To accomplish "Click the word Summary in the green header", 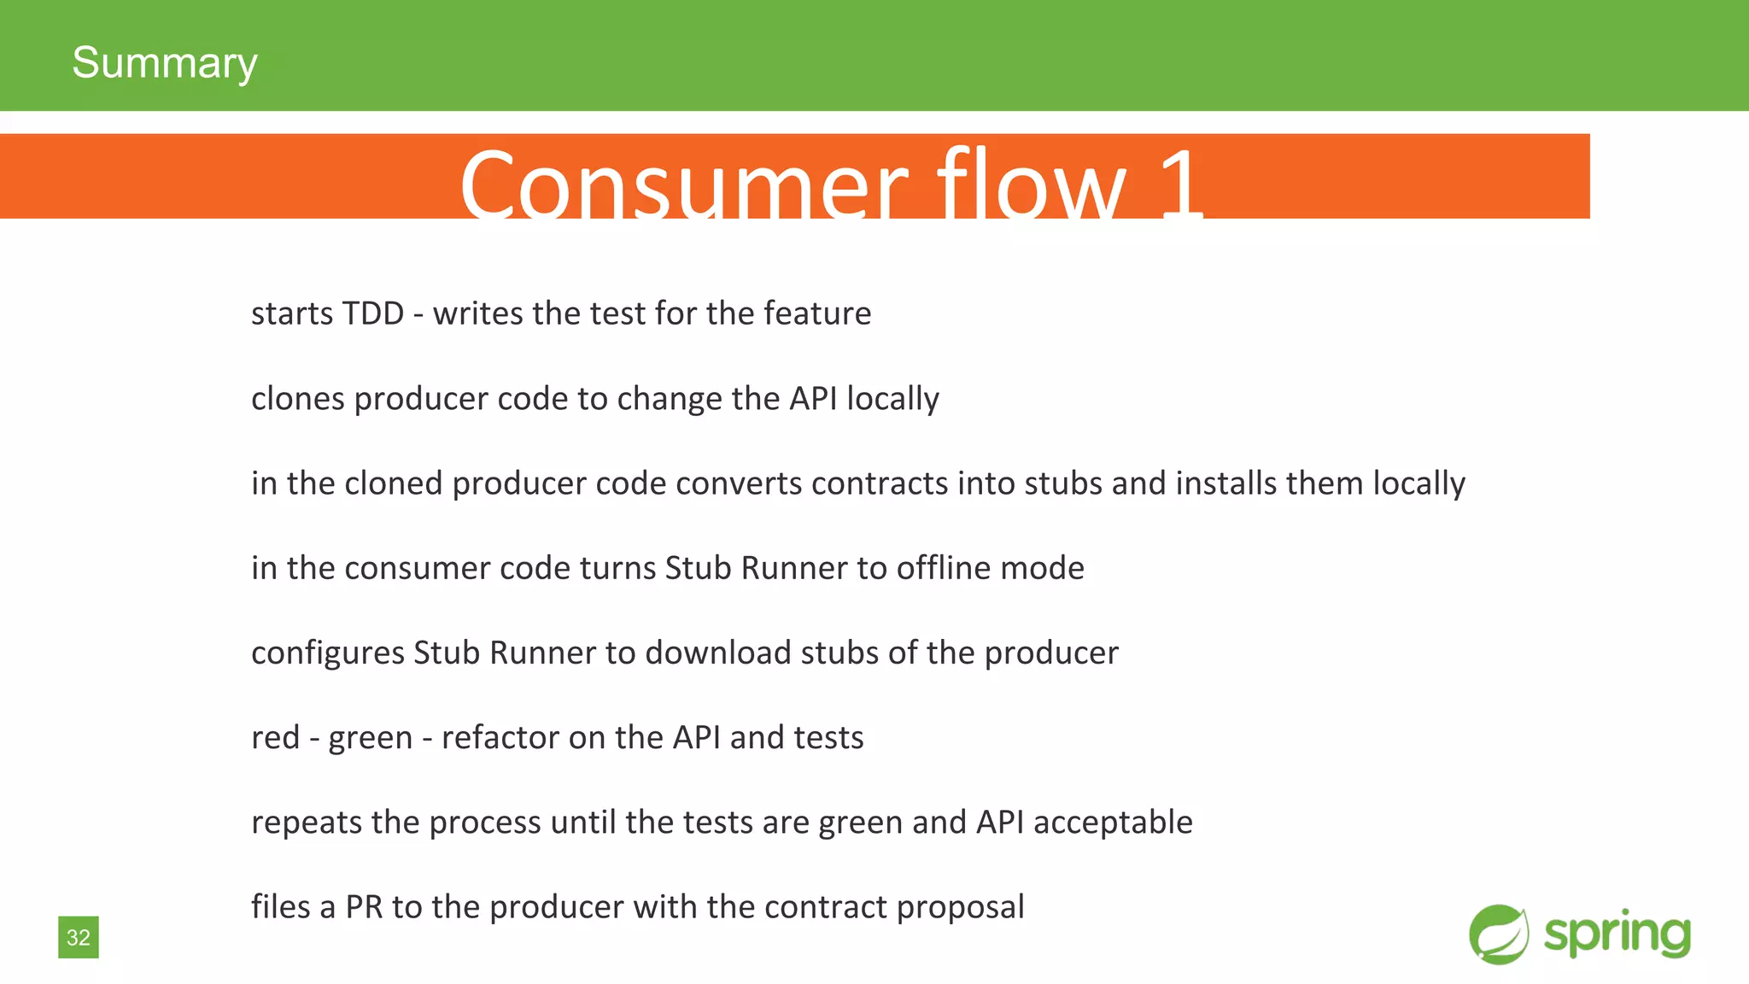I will [164, 63].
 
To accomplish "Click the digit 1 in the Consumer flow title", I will [1181, 184].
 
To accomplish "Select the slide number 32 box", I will [79, 937].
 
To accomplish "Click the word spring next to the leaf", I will [1617, 934].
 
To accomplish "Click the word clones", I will [298, 399].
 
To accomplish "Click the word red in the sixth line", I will [275, 737].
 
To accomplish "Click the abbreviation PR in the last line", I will [364, 907].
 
